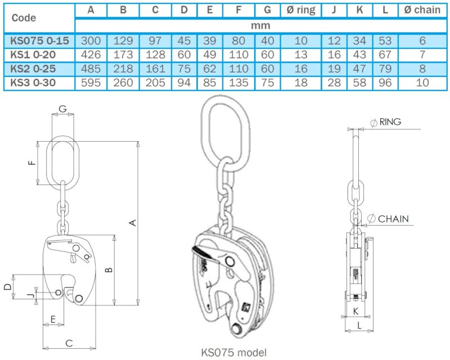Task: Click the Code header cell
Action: pyautogui.click(x=24, y=18)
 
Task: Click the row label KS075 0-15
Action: pyautogui.click(x=39, y=40)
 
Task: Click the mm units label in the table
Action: pyautogui.click(x=261, y=25)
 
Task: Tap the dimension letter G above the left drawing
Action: pyautogui.click(x=62, y=108)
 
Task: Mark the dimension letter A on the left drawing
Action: pyautogui.click(x=133, y=223)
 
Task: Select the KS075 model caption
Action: pyautogui.click(x=234, y=353)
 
